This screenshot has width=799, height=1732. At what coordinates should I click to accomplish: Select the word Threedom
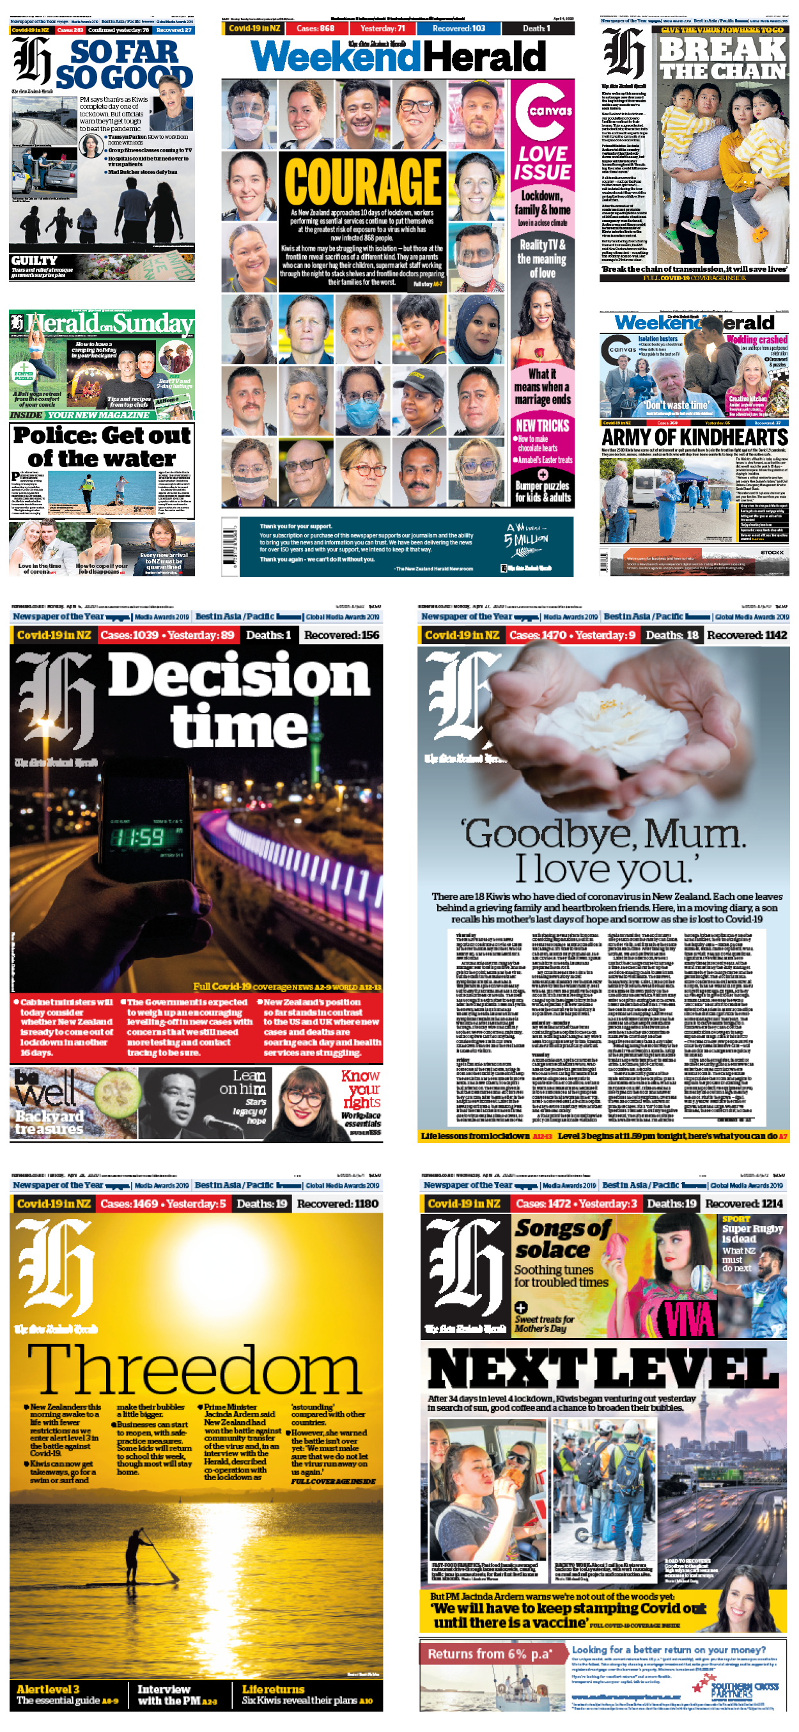tap(195, 1370)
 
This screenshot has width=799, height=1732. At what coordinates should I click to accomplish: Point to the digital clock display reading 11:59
tap(138, 837)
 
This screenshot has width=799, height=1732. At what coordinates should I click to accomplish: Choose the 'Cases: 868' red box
tap(315, 29)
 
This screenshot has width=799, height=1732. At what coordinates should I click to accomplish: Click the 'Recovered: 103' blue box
tap(458, 29)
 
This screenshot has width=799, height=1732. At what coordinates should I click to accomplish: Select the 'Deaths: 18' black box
tap(671, 634)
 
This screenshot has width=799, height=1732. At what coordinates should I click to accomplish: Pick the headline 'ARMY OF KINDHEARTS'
tap(695, 437)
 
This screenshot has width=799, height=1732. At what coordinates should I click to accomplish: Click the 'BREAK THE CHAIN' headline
tap(722, 59)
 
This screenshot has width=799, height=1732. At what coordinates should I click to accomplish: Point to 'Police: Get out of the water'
tap(102, 447)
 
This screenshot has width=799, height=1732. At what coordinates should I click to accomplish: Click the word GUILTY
tap(35, 260)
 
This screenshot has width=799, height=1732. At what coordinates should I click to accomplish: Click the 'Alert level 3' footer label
tap(48, 1689)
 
